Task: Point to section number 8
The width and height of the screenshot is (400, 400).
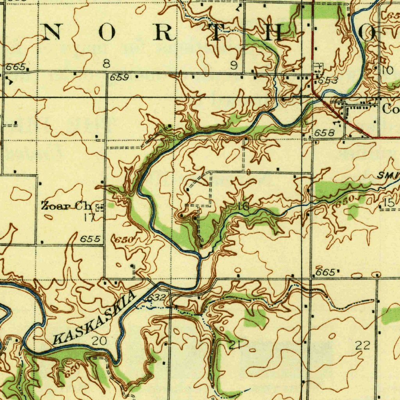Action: pos(106,64)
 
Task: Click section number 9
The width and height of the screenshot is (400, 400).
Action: pos(234,66)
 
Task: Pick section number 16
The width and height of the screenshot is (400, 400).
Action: pos(245,207)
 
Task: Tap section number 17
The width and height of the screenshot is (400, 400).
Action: pos(89,217)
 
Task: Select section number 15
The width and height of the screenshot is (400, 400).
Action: pos(388,203)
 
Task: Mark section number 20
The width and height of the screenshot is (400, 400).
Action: pos(99,341)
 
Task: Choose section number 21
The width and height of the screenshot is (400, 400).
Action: pos(234,345)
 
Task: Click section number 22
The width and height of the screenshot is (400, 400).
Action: pos(362,345)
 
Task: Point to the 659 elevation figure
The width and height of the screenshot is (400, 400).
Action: pos(119,77)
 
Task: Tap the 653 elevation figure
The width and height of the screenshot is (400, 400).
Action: pos(328,80)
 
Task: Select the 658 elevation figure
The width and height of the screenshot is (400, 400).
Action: pos(324,133)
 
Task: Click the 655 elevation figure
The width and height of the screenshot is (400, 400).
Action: pos(90,239)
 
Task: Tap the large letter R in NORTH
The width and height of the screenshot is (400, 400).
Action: pos(162,33)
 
